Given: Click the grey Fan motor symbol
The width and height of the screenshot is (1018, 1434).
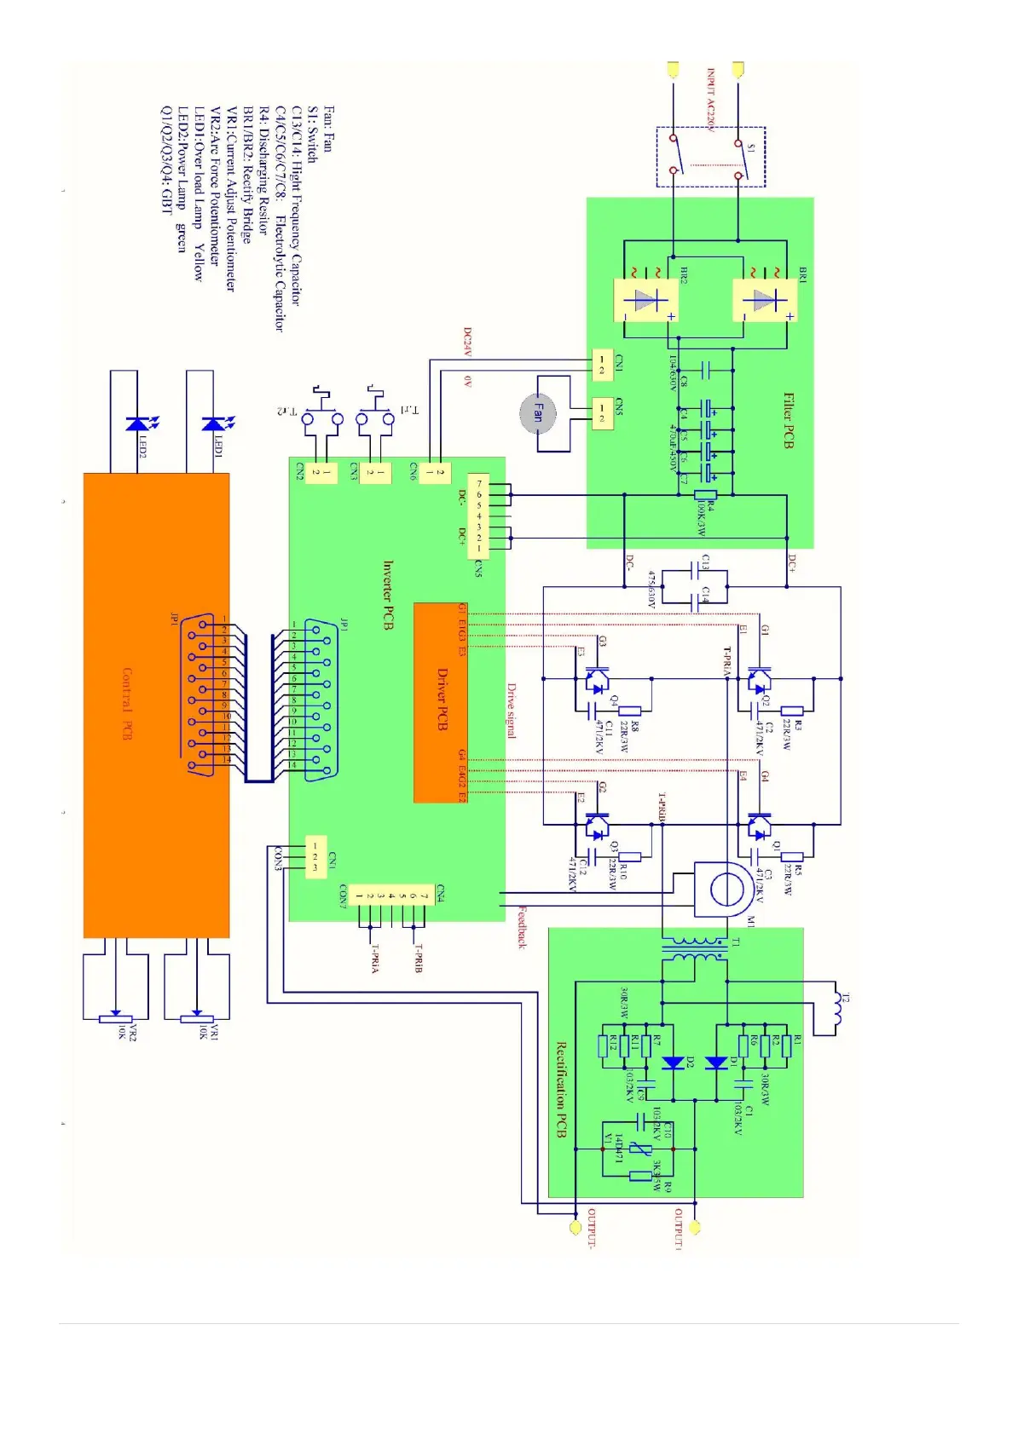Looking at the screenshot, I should tap(538, 413).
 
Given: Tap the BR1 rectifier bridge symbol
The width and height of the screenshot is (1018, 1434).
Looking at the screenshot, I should tap(765, 301).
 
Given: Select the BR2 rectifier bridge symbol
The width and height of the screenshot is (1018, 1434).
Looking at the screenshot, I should tap(645, 301).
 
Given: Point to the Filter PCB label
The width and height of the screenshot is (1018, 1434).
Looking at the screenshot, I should tap(789, 421).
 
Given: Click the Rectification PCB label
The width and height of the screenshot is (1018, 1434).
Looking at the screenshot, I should tap(561, 1089).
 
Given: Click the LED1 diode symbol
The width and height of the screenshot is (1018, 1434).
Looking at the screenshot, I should tap(213, 423).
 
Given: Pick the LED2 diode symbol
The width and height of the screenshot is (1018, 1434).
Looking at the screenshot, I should tap(136, 423).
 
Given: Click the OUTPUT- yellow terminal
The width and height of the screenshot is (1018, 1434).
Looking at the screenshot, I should tap(575, 1228).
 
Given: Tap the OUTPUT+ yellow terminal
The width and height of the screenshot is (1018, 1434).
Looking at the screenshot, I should tap(695, 1228).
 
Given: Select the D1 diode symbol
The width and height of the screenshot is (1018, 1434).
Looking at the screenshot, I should tap(716, 1063).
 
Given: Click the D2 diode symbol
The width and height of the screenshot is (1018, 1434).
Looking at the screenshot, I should tap(674, 1063).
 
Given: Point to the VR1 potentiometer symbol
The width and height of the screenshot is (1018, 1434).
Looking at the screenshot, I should tap(197, 1017).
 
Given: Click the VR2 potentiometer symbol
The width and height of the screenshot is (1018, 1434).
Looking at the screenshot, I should tap(116, 1017).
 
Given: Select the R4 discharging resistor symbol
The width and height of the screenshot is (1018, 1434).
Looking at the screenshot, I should tap(705, 494).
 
